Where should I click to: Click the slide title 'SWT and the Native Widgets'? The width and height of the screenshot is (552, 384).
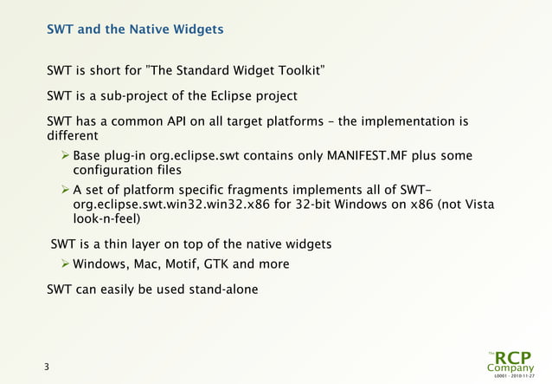pos(135,29)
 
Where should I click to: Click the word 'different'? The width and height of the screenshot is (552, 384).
pos(72,137)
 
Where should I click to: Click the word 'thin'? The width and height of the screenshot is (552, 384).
pos(126,244)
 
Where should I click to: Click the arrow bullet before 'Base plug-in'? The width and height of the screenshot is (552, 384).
pos(64,156)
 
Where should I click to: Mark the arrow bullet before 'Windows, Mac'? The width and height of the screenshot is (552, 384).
pos(64,264)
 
